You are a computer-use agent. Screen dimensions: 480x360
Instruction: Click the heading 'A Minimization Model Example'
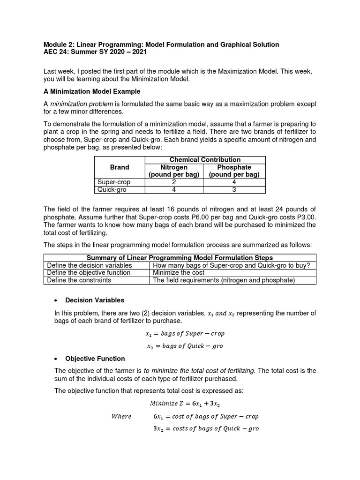92,91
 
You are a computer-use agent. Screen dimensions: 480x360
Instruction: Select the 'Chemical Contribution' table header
205,160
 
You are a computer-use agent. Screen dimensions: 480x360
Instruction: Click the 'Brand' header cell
120,167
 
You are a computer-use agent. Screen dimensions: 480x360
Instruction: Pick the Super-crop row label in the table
114,182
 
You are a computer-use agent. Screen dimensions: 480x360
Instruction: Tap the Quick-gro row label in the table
112,189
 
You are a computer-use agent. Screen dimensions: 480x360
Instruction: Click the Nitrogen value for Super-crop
174,182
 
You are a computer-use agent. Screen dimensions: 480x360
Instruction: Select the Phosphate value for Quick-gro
234,189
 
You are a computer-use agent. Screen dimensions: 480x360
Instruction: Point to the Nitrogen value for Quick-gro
174,189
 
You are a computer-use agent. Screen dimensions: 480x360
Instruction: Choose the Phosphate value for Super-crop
234,182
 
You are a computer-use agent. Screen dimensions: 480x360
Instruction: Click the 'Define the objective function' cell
89,273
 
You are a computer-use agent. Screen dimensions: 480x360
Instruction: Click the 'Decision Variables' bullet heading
95,300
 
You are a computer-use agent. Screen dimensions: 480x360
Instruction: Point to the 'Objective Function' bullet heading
95,359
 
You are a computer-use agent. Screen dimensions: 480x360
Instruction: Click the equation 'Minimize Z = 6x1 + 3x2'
185,403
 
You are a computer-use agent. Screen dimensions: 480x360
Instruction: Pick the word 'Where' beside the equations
121,416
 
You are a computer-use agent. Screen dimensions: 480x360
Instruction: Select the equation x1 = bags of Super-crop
185,334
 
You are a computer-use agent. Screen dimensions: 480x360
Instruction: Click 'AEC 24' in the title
56,52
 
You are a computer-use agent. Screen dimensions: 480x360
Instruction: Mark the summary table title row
180,258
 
